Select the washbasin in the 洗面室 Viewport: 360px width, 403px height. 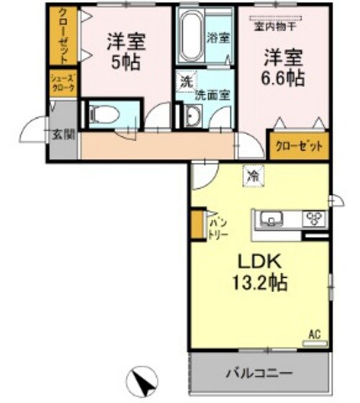tap(193, 115)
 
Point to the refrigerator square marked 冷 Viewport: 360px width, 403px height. tap(252, 173)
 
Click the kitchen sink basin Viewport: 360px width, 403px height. tap(271, 218)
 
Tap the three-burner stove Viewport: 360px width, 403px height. tap(315, 218)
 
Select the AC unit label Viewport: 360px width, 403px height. tap(314, 332)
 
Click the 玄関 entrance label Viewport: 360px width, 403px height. tap(60, 134)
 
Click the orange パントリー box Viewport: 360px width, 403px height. tap(197, 225)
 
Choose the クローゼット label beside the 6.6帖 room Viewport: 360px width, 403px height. tap(298, 145)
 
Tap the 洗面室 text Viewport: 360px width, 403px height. tap(214, 94)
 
